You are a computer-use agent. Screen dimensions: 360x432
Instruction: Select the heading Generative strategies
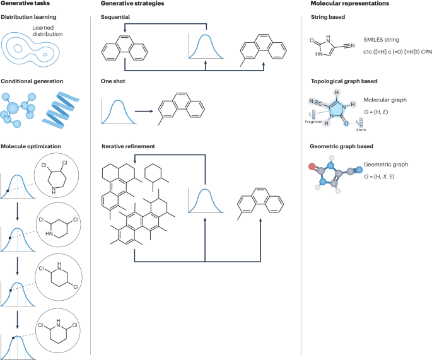click(129, 4)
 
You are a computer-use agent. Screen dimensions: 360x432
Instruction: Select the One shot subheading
click(114, 81)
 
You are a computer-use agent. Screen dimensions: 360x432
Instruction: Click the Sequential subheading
click(117, 16)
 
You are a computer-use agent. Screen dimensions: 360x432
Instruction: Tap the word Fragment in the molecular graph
click(314, 119)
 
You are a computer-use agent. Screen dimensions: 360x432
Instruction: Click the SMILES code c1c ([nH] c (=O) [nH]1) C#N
click(388, 50)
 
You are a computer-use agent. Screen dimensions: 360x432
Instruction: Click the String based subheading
click(328, 16)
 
